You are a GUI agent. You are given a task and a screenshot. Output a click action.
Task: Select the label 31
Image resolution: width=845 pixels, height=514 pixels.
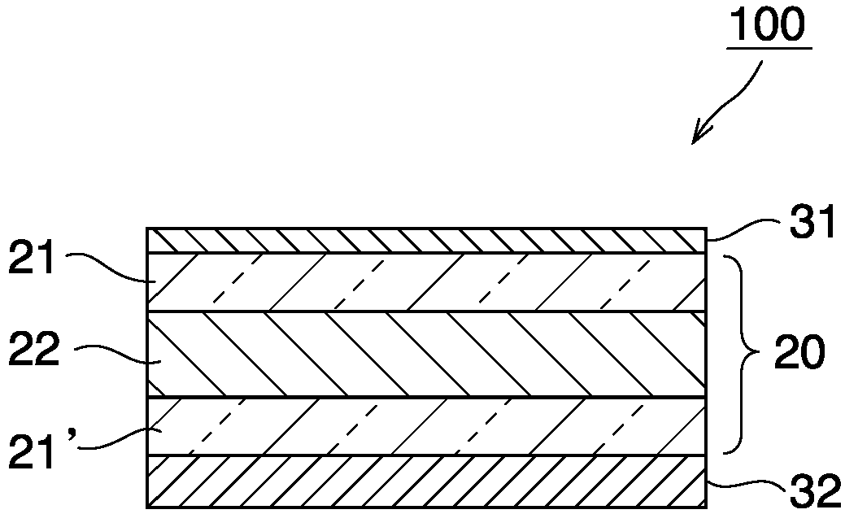click(814, 223)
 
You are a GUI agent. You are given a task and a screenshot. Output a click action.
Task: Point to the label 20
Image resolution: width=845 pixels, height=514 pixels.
click(799, 355)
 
